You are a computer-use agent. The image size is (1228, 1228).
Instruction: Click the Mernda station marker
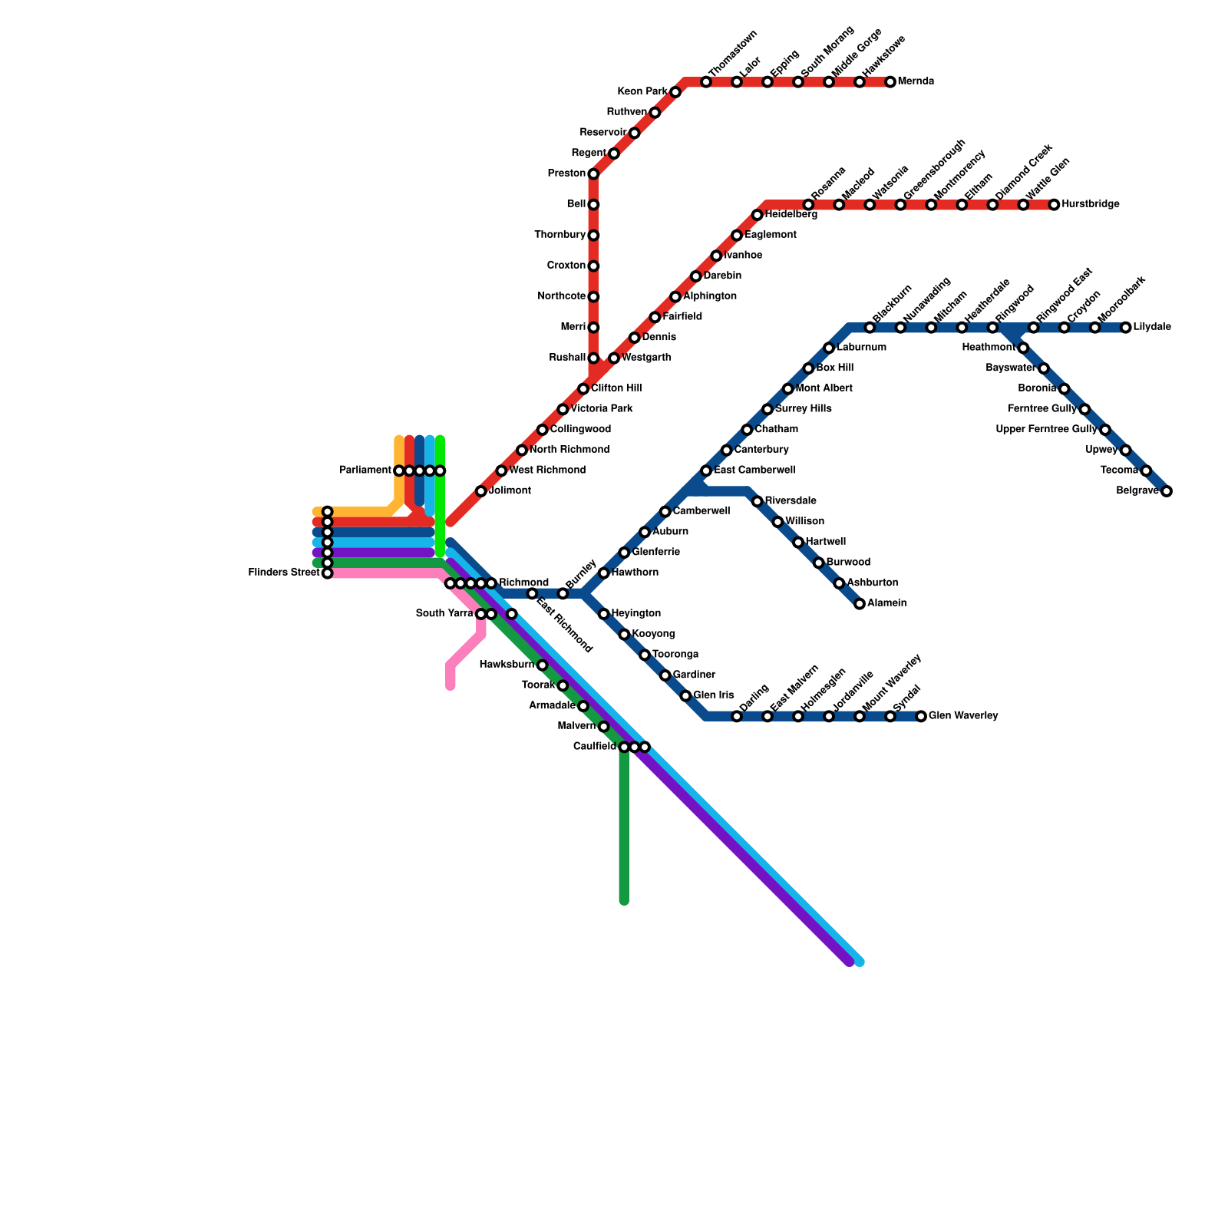(x=890, y=82)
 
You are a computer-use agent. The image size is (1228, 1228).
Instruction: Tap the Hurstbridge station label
(x=1091, y=205)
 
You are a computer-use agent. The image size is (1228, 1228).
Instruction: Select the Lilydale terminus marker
(x=1125, y=328)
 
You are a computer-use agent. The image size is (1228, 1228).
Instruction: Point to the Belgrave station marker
(x=1167, y=491)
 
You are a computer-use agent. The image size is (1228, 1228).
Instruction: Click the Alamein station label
(x=887, y=603)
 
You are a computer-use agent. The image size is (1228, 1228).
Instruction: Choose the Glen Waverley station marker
(x=921, y=717)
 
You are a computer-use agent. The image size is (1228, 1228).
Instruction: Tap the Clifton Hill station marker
(x=583, y=389)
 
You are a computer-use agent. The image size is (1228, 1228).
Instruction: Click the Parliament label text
(x=365, y=470)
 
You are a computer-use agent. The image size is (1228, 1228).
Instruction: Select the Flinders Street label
(x=284, y=573)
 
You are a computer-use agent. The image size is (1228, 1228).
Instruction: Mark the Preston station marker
(x=593, y=174)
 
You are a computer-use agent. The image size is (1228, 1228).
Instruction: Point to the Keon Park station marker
(x=675, y=93)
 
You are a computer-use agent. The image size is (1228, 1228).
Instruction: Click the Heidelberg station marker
(x=758, y=215)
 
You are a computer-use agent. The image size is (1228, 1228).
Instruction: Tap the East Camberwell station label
(x=754, y=470)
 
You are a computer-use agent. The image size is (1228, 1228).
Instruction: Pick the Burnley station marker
(x=563, y=594)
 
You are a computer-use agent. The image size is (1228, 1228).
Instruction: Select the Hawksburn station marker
(x=542, y=665)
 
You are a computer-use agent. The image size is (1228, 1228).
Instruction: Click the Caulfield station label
(x=595, y=747)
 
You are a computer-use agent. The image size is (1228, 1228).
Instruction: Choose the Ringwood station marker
(x=992, y=328)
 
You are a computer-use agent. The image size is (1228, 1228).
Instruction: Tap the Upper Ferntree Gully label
(x=1046, y=430)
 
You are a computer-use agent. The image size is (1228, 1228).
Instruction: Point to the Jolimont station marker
(x=481, y=491)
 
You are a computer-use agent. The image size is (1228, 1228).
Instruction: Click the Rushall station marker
(x=593, y=358)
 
